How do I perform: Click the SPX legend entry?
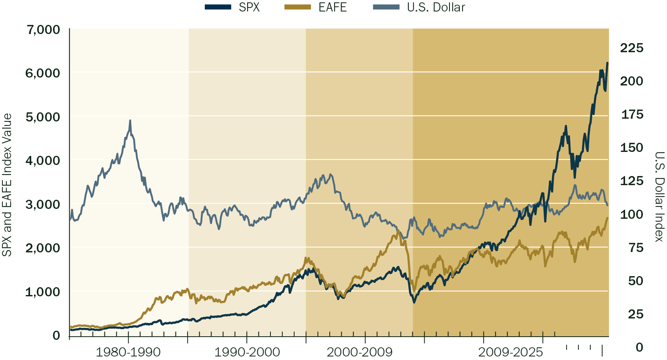tap(233, 7)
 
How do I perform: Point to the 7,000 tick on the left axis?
tap(43, 30)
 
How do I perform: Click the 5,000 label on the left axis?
tap(43, 117)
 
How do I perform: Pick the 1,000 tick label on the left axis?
tap(43, 292)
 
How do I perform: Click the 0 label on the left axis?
tap(56, 335)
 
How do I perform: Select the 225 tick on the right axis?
tap(631, 48)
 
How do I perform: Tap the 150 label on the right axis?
tap(631, 148)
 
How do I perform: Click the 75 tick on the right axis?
tap(636, 248)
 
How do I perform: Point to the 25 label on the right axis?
tap(636, 314)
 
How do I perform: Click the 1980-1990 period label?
tap(128, 352)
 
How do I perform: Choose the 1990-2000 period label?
tap(247, 352)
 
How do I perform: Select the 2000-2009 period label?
tap(359, 352)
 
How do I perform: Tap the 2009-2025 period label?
tap(510, 352)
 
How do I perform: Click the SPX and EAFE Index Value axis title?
tap(7, 185)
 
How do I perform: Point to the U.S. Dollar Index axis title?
tap(659, 197)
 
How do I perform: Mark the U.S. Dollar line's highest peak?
tap(130, 121)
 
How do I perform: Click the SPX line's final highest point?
tap(607, 63)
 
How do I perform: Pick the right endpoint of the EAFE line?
tap(607, 218)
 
